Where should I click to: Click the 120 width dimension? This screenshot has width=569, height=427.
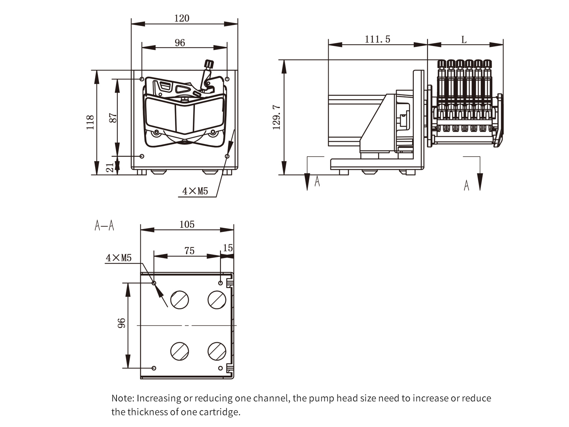tap(182, 18)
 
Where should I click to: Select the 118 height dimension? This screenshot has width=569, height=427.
tap(90, 122)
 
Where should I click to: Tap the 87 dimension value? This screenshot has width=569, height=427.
tap(113, 118)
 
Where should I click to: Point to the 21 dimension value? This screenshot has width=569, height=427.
tap(110, 167)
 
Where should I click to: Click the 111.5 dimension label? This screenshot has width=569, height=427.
tap(377, 39)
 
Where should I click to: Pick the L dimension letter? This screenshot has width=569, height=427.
tap(464, 40)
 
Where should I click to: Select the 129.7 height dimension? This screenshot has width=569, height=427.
tap(277, 118)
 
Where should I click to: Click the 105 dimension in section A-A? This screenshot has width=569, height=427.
tap(187, 224)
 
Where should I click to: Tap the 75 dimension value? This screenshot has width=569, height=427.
tap(189, 251)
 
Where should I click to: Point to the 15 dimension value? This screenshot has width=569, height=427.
tap(228, 248)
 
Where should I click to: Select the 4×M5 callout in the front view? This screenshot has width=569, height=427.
tap(195, 191)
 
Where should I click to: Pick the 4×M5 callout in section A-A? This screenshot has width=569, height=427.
tap(119, 258)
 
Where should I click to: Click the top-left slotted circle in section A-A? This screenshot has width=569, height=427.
tap(179, 299)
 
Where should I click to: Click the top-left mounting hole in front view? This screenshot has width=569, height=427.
tap(142, 79)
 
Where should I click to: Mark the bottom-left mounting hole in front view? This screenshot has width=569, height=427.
tap(142, 156)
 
